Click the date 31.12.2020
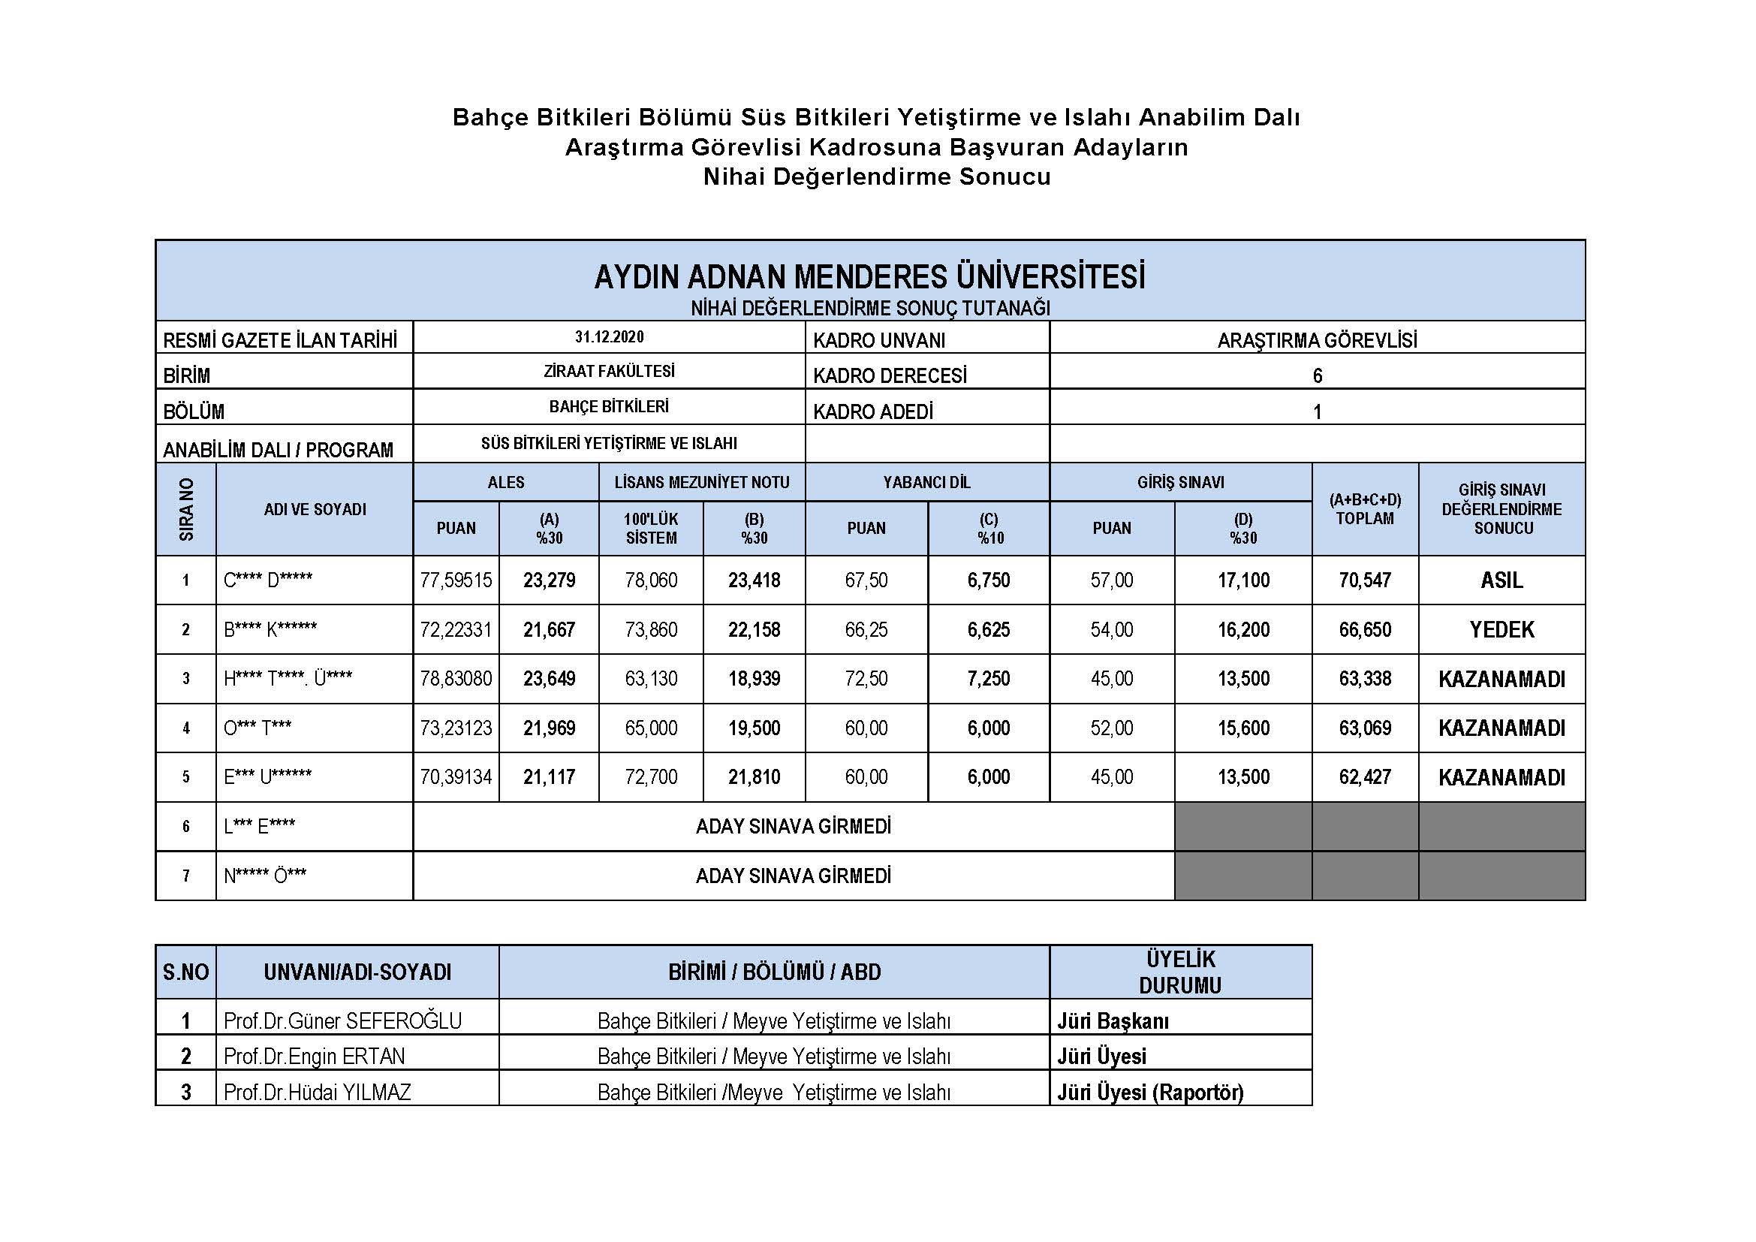tap(609, 337)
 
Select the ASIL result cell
tap(1501, 580)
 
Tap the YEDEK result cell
tap(1501, 629)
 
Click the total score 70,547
tap(1364, 580)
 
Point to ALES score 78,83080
tap(456, 679)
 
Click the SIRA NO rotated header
tap(186, 509)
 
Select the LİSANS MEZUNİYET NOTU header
tap(701, 483)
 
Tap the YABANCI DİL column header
tap(926, 483)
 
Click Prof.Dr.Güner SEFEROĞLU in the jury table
tap(342, 1021)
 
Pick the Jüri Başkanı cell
tap(1112, 1021)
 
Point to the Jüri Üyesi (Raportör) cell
tap(1149, 1092)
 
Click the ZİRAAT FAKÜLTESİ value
tap(609, 372)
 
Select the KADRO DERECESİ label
tap(890, 376)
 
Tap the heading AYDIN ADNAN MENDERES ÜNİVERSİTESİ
tap(869, 277)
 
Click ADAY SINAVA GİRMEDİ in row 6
tap(793, 827)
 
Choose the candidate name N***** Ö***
tap(264, 876)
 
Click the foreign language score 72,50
tap(866, 679)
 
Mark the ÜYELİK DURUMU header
tap(1180, 972)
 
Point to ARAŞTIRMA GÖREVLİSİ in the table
tap(1317, 340)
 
